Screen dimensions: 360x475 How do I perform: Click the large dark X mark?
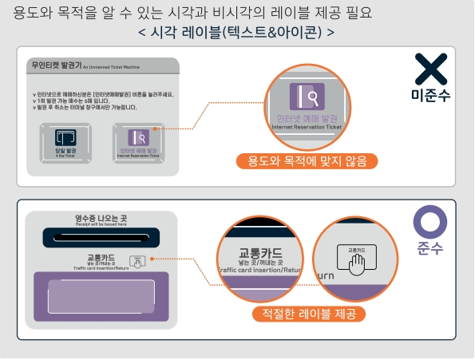[430, 70]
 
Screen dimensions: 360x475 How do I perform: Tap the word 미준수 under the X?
[430, 97]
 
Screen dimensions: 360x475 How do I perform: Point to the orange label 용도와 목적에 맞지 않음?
[307, 161]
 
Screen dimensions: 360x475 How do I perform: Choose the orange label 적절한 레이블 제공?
[308, 314]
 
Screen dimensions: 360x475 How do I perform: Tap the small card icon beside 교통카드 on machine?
[137, 260]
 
